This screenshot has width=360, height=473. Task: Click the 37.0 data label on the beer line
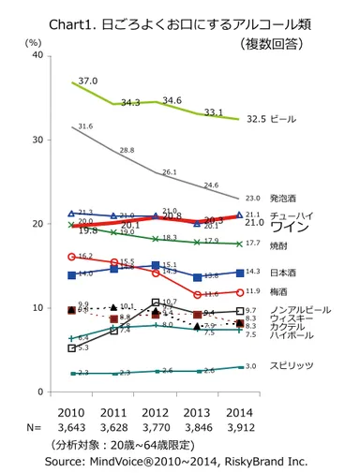pos(87,81)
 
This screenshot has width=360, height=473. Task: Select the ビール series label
pos(284,120)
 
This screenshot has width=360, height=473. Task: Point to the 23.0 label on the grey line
pos(251,199)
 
